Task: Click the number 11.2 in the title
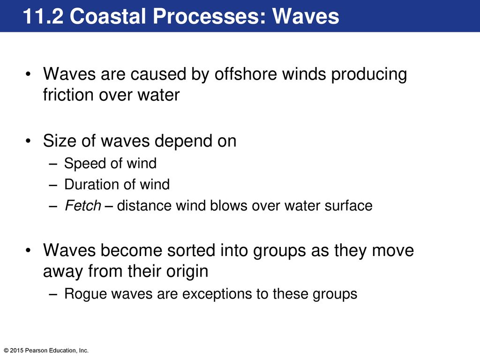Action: click(43, 16)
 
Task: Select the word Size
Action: click(60, 141)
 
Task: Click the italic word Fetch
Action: click(82, 205)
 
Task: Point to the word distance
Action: click(143, 205)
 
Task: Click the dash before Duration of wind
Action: click(53, 185)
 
